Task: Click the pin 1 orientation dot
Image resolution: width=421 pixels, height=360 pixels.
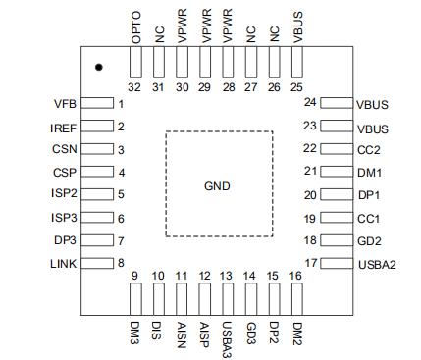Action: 99,67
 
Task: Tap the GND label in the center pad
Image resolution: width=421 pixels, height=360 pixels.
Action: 217,186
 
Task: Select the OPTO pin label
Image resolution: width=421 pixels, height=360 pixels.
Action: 135,27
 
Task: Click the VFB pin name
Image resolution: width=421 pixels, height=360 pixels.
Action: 65,104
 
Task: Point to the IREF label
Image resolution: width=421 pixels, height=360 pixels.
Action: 64,128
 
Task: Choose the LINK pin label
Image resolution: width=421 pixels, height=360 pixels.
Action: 64,264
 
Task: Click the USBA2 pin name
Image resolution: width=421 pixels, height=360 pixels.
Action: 377,265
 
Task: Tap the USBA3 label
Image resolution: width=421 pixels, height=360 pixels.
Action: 227,339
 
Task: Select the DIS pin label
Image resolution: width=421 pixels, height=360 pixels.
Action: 156,331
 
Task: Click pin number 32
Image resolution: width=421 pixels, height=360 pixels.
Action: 134,87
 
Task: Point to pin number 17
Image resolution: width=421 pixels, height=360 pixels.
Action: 311,263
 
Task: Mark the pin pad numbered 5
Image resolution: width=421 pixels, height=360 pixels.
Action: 97,194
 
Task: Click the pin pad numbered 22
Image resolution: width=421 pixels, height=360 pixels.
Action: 337,149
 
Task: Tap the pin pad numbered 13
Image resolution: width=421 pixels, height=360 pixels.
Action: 228,299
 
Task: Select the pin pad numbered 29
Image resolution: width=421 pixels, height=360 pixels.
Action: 205,62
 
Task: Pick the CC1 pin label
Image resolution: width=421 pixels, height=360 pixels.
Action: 369,219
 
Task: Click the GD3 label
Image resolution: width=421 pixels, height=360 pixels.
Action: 251,334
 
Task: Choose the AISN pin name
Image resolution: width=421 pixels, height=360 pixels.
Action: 182,335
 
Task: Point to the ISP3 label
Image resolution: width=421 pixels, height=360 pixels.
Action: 64,218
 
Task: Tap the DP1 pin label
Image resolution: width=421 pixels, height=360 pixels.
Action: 369,195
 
